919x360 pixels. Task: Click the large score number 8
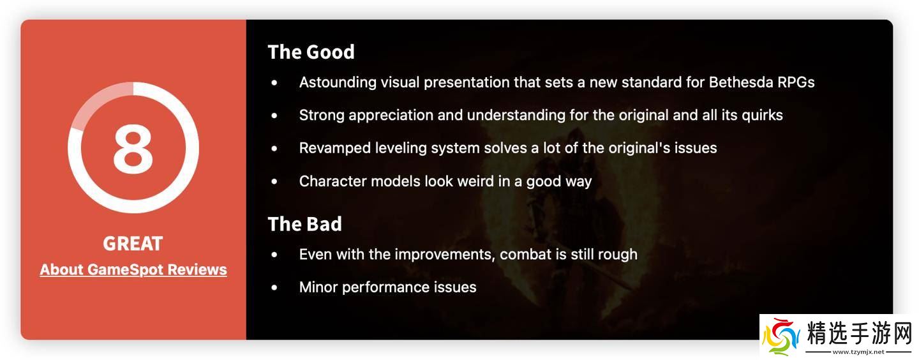click(x=133, y=149)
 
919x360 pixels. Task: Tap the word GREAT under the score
click(x=133, y=243)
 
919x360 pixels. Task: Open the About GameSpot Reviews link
click(x=133, y=270)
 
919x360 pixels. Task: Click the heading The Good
click(x=311, y=52)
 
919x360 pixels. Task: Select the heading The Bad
click(x=305, y=224)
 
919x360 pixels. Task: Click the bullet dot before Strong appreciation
click(x=274, y=116)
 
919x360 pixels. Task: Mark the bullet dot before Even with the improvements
click(x=274, y=255)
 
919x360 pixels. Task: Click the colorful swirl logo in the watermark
click(x=781, y=336)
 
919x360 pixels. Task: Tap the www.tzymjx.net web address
click(x=858, y=352)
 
